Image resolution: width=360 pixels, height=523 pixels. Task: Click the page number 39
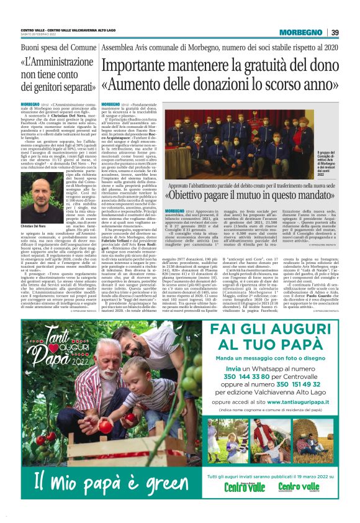tap(335, 32)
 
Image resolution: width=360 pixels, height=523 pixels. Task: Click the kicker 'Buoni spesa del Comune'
tap(55, 47)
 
